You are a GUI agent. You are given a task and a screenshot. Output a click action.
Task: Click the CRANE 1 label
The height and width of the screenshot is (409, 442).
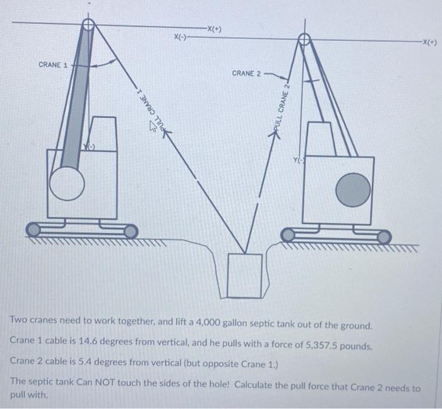tap(53, 65)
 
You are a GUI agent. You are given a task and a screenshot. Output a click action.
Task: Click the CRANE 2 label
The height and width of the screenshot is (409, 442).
tap(246, 74)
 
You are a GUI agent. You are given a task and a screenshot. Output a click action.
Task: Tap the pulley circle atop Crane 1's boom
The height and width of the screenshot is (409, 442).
tap(89, 25)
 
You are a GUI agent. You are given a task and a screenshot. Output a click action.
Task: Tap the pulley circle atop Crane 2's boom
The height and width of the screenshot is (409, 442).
tap(304, 40)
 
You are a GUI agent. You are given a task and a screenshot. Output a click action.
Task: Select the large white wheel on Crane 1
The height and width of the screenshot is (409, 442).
tap(67, 183)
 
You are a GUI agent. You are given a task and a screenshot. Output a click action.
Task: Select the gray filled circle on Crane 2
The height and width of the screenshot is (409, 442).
tap(353, 190)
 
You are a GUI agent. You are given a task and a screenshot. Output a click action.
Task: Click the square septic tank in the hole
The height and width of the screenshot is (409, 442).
tap(244, 275)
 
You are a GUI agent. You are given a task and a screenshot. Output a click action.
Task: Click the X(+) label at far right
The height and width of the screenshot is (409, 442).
tap(430, 43)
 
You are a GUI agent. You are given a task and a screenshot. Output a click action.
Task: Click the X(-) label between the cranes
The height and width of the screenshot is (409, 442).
tap(181, 37)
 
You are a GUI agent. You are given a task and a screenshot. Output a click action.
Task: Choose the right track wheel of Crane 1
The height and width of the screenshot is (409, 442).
tap(131, 231)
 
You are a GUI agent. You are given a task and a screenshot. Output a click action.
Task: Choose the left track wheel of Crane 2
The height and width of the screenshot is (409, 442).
tap(288, 236)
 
